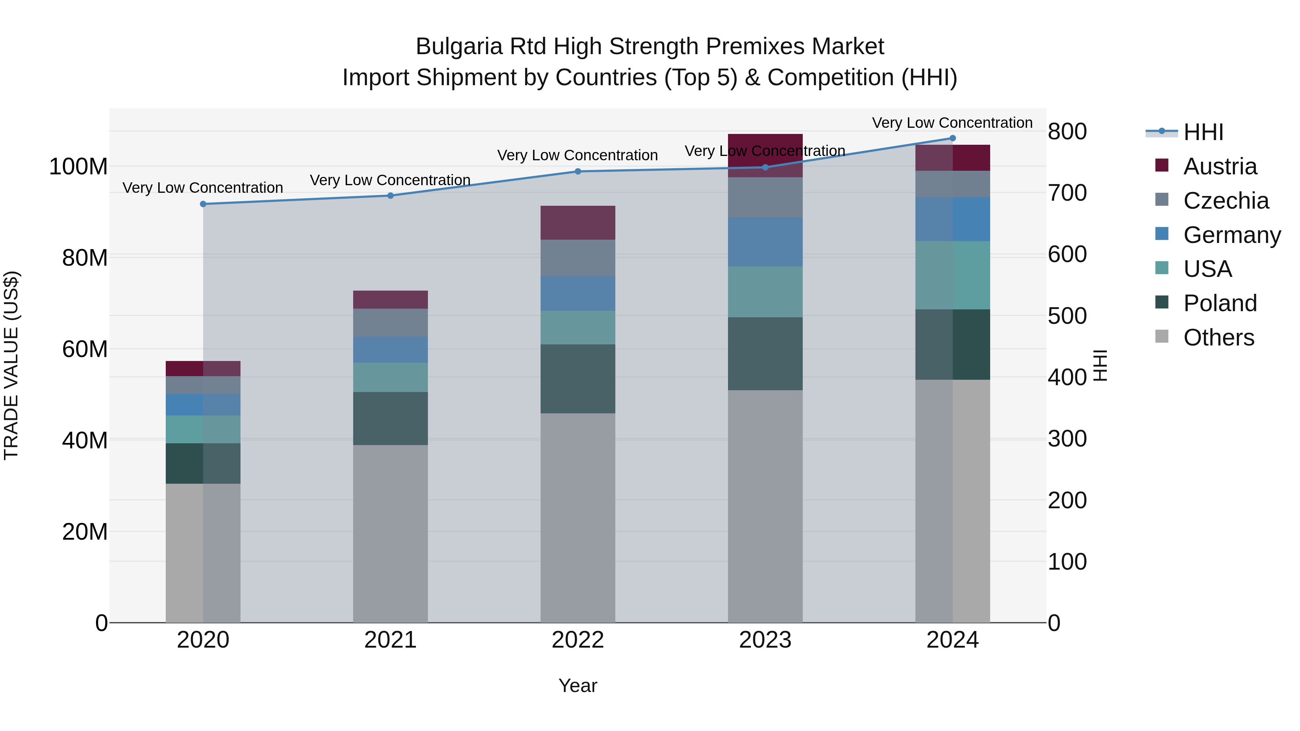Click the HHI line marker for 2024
pyautogui.click(x=952, y=138)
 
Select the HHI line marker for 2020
pyautogui.click(x=203, y=204)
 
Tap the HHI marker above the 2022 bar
pyautogui.click(x=578, y=171)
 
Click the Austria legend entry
pyautogui.click(x=1220, y=166)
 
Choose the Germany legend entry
pyautogui.click(x=1231, y=235)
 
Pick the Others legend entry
pyautogui.click(x=1218, y=338)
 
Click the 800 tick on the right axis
pyautogui.click(x=1067, y=132)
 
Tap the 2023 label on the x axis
pyautogui.click(x=765, y=640)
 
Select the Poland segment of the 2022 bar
pyautogui.click(x=578, y=379)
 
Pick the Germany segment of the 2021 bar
pyautogui.click(x=390, y=350)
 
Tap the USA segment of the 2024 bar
pyautogui.click(x=952, y=275)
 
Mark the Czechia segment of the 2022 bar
pyautogui.click(x=578, y=258)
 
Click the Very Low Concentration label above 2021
pyautogui.click(x=390, y=180)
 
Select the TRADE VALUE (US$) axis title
pyautogui.click(x=11, y=365)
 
